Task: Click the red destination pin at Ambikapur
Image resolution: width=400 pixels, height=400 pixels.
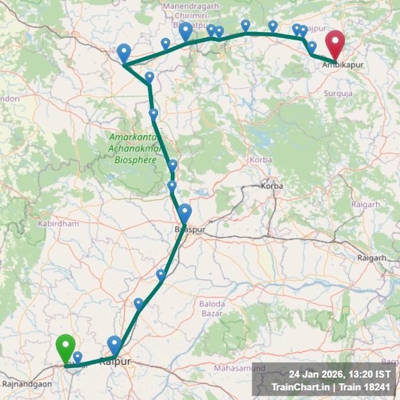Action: (335, 45)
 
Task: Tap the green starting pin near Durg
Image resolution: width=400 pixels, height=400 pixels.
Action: (65, 349)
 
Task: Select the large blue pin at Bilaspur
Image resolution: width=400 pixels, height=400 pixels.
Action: (185, 213)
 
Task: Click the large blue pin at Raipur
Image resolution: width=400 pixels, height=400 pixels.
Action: (115, 346)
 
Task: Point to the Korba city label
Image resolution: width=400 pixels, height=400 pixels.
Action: (267, 186)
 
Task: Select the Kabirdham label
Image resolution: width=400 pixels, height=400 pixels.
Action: (58, 224)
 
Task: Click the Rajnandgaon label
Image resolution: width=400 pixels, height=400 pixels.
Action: (27, 385)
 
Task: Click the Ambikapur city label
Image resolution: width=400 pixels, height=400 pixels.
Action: (339, 65)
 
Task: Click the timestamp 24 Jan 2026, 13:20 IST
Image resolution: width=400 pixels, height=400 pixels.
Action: (339, 374)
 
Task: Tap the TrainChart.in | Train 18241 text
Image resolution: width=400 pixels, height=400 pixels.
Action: (330, 387)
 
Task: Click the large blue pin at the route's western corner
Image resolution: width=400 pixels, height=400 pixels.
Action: (124, 53)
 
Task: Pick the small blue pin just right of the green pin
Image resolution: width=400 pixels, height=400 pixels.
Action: (77, 357)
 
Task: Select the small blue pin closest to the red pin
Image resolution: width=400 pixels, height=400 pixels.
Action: (312, 47)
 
